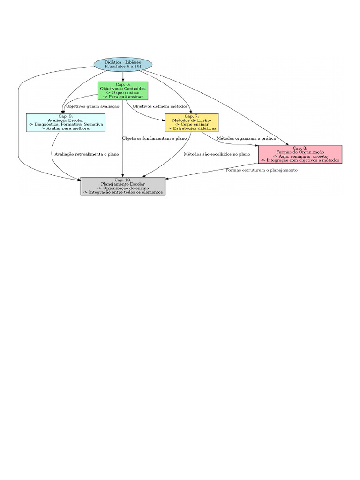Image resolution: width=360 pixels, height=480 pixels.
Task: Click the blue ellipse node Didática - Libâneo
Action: click(x=123, y=65)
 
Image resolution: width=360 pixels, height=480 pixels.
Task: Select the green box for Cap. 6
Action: click(x=123, y=90)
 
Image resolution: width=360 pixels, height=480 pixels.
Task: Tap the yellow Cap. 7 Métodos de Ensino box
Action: click(x=191, y=122)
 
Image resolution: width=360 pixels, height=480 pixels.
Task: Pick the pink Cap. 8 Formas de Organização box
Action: click(x=300, y=154)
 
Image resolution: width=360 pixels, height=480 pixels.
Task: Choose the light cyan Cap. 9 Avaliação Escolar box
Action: click(x=66, y=122)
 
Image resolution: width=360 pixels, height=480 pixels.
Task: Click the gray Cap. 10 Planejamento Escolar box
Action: click(x=123, y=186)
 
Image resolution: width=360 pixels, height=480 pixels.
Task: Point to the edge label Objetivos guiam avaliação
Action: click(x=92, y=106)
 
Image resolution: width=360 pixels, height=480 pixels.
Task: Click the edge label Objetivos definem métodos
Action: click(x=160, y=106)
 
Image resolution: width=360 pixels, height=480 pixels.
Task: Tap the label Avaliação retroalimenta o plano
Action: click(x=87, y=154)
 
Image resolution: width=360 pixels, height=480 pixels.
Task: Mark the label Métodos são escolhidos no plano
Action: click(x=217, y=154)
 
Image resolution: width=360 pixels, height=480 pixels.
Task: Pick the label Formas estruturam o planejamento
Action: click(x=262, y=170)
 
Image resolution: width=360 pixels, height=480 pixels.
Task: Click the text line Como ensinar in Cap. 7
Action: click(x=192, y=124)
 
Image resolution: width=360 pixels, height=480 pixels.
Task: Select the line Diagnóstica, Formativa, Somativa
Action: click(x=66, y=124)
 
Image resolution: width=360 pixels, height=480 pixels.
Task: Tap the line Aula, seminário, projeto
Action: click(x=300, y=156)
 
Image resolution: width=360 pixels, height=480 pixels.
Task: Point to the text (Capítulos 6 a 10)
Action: click(x=123, y=67)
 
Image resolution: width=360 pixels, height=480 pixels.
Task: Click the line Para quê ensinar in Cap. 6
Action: click(x=123, y=97)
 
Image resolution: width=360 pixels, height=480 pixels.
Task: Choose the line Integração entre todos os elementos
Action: click(x=123, y=192)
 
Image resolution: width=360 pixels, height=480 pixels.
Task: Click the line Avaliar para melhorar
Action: click(x=66, y=128)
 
